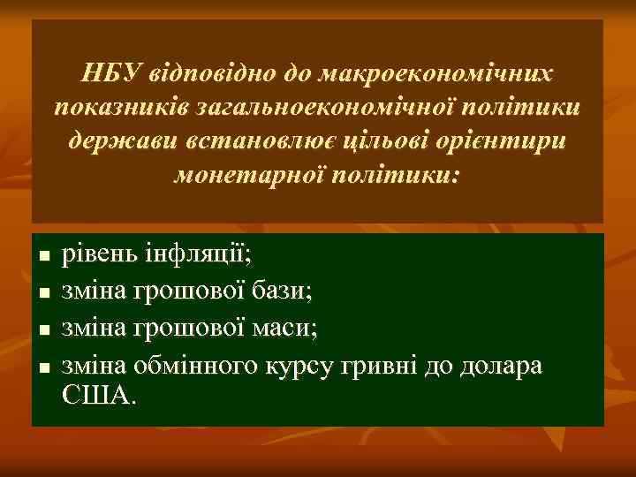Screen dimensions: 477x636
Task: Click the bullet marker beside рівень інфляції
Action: (42, 257)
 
